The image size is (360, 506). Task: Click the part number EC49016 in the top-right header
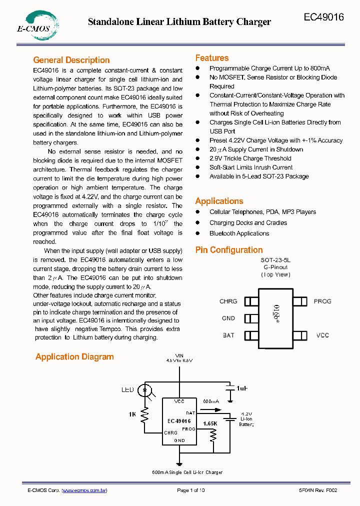coord(323,17)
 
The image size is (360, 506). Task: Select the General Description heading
coord(71,60)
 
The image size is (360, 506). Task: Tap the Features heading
coord(211,58)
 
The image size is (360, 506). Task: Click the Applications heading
coord(219,201)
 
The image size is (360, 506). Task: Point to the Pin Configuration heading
coord(228,250)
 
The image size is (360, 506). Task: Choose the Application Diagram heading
coord(74,357)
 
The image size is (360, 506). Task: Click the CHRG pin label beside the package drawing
coord(228,301)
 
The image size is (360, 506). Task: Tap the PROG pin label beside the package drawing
coord(322,301)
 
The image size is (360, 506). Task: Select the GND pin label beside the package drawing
coord(228,318)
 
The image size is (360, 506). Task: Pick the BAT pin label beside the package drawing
coord(228,335)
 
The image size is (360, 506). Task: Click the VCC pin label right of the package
coord(322,335)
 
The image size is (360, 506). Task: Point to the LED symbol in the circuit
coord(145,389)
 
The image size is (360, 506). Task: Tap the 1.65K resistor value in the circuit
coord(210,423)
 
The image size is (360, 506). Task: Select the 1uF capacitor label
coord(242,388)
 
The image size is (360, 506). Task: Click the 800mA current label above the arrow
coord(210,401)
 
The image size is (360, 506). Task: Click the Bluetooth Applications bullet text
coord(239,233)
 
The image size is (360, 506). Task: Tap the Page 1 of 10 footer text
coord(191,490)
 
